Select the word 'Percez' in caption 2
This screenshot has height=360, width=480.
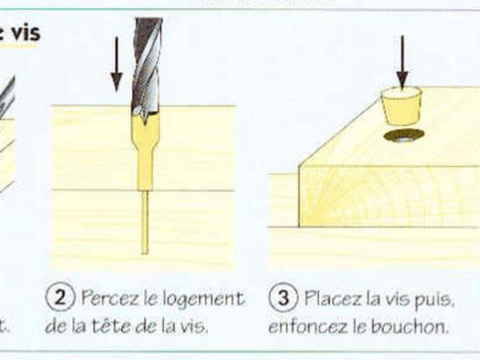click(x=109, y=299)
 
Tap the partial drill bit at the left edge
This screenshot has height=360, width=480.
click(x=6, y=96)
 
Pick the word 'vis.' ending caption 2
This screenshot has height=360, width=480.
click(x=191, y=326)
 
